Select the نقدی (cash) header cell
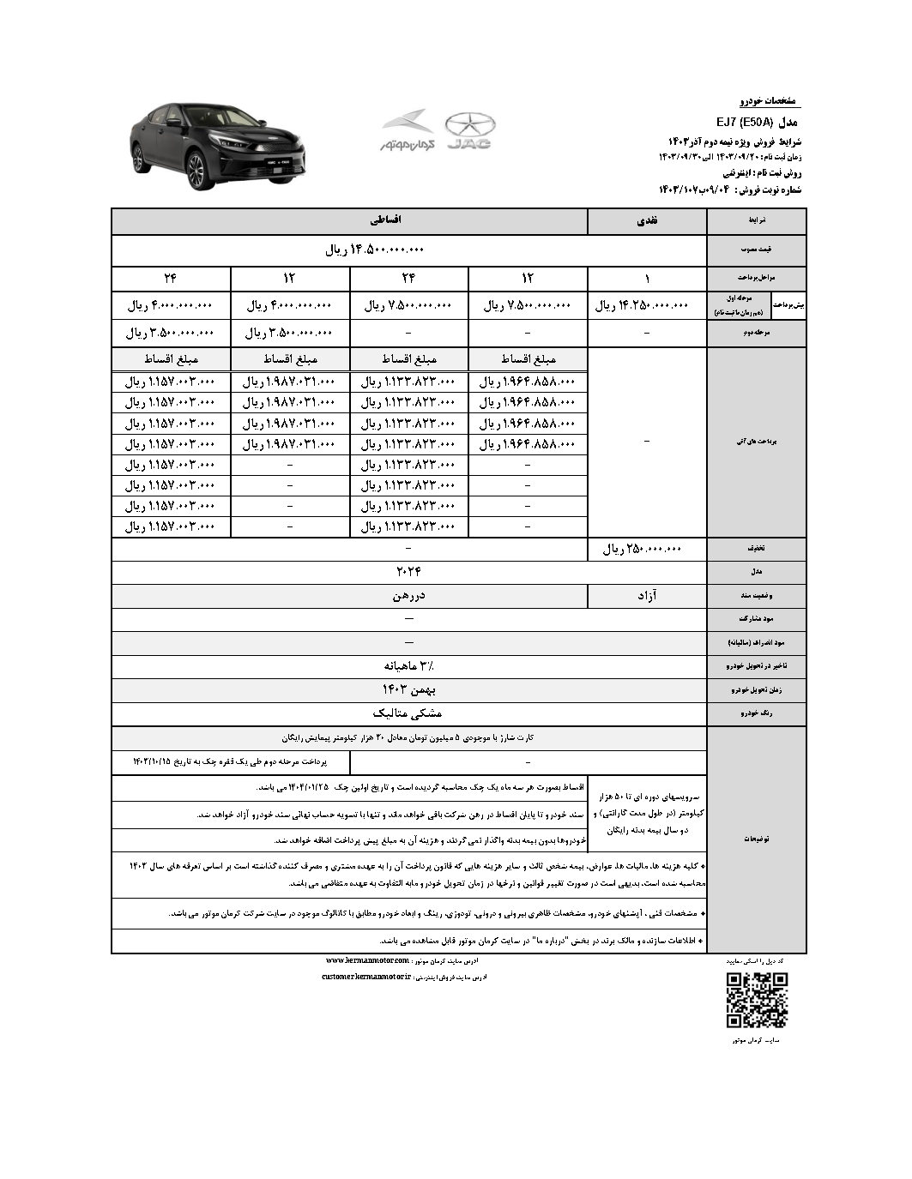click(646, 221)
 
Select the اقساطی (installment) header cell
click(386, 221)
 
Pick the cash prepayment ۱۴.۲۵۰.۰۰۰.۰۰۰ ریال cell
click(642, 305)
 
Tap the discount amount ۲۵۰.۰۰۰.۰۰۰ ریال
click(642, 549)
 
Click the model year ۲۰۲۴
click(408, 570)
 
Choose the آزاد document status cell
click(646, 595)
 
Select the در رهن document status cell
click(408, 595)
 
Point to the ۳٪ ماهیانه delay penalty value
click(408, 665)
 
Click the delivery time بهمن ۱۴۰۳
click(408, 689)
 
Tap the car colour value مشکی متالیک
click(408, 713)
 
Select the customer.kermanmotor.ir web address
click(366, 977)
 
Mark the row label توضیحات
click(755, 839)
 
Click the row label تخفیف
click(755, 549)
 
